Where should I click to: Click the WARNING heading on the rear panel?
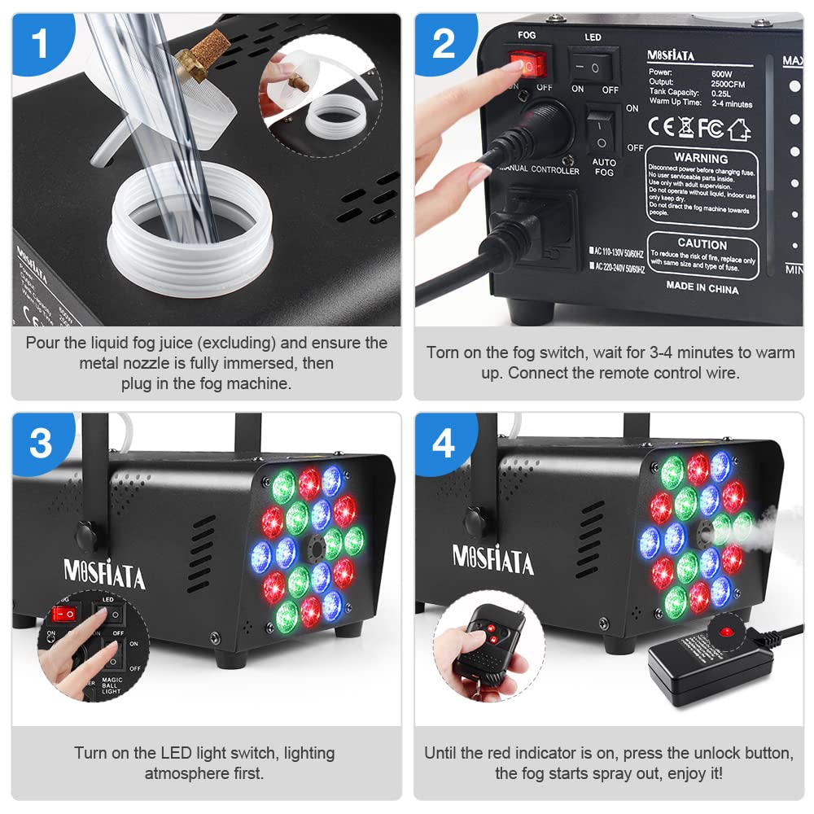pos(701,158)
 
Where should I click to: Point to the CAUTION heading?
pos(702,243)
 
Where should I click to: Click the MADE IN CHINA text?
pos(702,288)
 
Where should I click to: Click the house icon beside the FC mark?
pos(739,128)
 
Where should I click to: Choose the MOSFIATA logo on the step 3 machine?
pos(104,574)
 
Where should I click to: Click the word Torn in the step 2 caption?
pos(443,352)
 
